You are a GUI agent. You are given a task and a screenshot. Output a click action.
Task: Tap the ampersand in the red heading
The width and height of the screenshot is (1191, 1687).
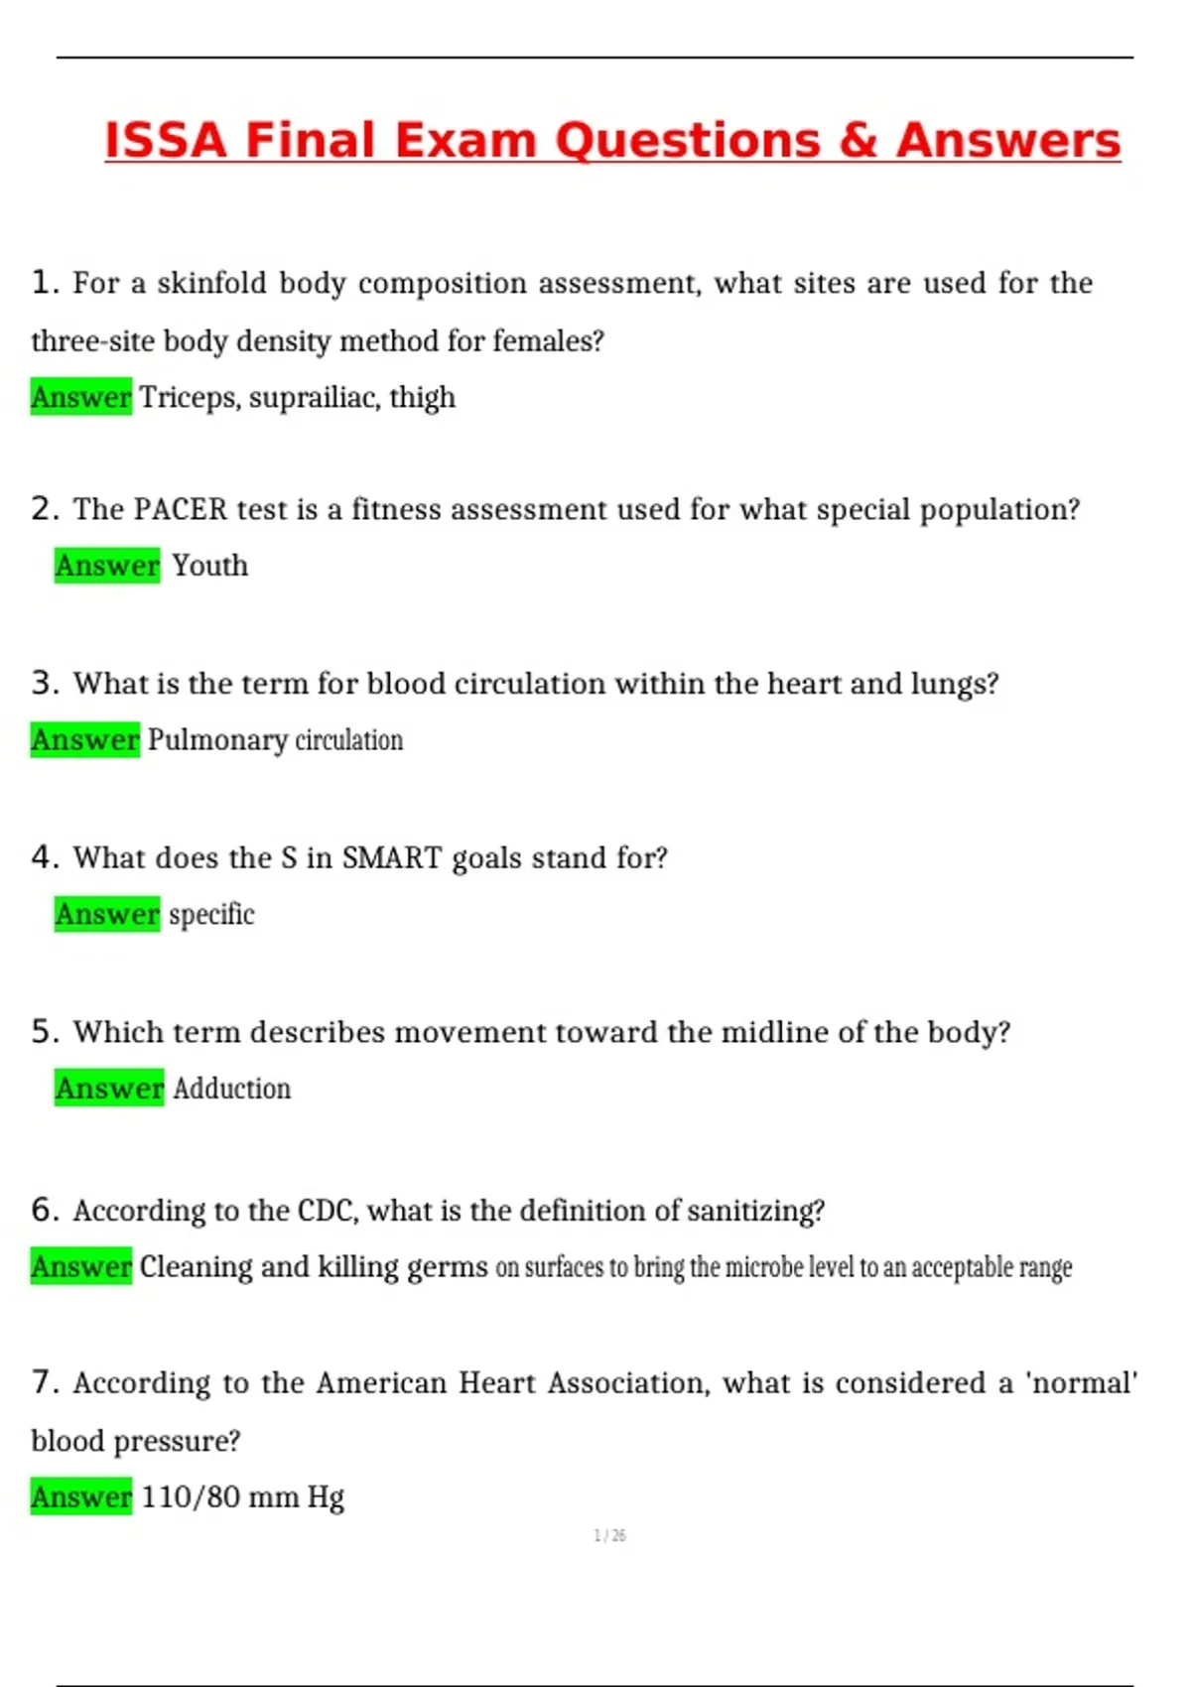point(859,140)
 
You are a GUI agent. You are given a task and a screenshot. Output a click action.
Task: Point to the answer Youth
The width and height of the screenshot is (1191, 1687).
point(209,566)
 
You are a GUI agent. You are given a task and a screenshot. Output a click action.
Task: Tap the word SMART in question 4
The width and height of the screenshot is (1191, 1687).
point(391,857)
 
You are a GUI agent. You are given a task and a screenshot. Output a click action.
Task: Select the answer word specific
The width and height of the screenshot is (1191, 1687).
point(211,914)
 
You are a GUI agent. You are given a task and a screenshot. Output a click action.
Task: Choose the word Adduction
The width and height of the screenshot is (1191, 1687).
point(232,1089)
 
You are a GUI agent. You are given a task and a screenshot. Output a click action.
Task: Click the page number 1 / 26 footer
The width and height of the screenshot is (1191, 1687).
point(609,1535)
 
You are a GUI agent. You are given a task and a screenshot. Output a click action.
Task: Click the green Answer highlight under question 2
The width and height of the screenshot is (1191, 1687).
point(107,566)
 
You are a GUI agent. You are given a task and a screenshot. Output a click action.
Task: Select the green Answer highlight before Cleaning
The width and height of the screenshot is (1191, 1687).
point(80,1266)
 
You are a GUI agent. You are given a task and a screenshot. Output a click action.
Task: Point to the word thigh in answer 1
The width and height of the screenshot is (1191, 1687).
point(422,397)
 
